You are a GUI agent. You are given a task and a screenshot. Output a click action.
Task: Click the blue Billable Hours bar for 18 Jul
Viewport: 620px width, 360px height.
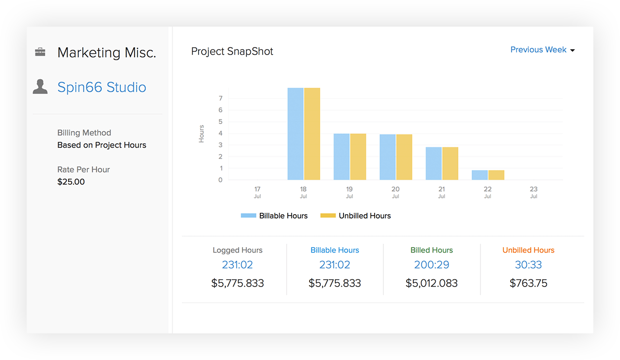(x=295, y=134)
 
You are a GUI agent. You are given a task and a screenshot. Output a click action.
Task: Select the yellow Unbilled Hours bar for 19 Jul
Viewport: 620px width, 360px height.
(x=358, y=157)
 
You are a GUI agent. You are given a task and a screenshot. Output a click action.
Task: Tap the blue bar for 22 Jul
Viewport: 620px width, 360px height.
(x=480, y=175)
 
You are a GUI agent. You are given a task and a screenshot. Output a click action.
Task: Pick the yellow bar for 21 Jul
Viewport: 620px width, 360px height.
(x=450, y=164)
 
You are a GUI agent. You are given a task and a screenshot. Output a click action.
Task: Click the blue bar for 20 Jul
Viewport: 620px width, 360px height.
(x=387, y=157)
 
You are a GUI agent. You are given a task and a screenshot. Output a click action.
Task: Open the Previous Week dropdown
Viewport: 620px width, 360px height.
(x=542, y=50)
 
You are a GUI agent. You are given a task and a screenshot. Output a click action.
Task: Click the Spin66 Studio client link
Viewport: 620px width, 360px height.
(x=102, y=87)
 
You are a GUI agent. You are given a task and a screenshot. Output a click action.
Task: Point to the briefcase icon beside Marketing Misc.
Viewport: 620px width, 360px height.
(x=40, y=52)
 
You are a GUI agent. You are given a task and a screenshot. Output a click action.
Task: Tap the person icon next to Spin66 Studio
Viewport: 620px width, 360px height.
(x=40, y=87)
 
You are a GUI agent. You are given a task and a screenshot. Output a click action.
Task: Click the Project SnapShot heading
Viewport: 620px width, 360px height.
(x=232, y=51)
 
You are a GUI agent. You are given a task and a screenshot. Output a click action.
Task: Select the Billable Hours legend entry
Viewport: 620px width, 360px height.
(x=274, y=216)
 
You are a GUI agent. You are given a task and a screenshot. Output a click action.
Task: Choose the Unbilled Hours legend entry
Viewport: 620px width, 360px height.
(x=355, y=216)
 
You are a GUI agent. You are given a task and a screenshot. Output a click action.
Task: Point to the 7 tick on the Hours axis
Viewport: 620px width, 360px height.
(x=220, y=98)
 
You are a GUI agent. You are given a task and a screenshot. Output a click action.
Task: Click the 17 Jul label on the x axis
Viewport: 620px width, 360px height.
(x=257, y=192)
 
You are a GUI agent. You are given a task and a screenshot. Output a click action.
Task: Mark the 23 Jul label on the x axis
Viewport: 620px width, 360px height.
(x=533, y=192)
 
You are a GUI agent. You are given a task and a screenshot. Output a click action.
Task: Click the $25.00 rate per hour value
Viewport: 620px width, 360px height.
(x=71, y=182)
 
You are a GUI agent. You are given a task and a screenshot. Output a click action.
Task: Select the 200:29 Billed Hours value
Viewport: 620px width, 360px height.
(x=432, y=265)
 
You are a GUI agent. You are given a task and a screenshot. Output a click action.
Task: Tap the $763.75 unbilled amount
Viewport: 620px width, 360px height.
(x=528, y=283)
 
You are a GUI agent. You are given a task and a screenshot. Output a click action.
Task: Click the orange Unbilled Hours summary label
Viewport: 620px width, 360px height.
(x=528, y=250)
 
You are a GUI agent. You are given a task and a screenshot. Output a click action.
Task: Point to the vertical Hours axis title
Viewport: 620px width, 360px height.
(x=201, y=134)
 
